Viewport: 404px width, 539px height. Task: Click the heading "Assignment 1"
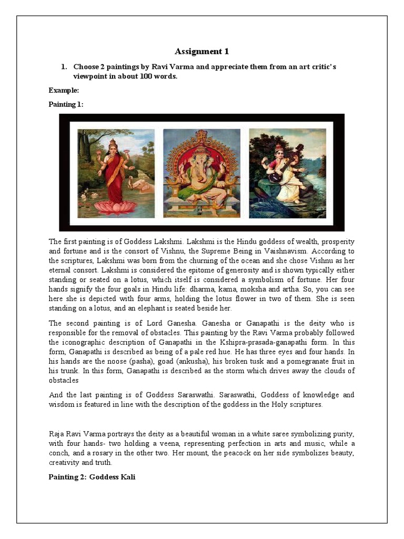tap(201, 51)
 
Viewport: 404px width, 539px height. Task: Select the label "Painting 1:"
tap(66, 104)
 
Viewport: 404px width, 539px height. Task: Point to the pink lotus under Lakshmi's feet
tap(115, 207)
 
